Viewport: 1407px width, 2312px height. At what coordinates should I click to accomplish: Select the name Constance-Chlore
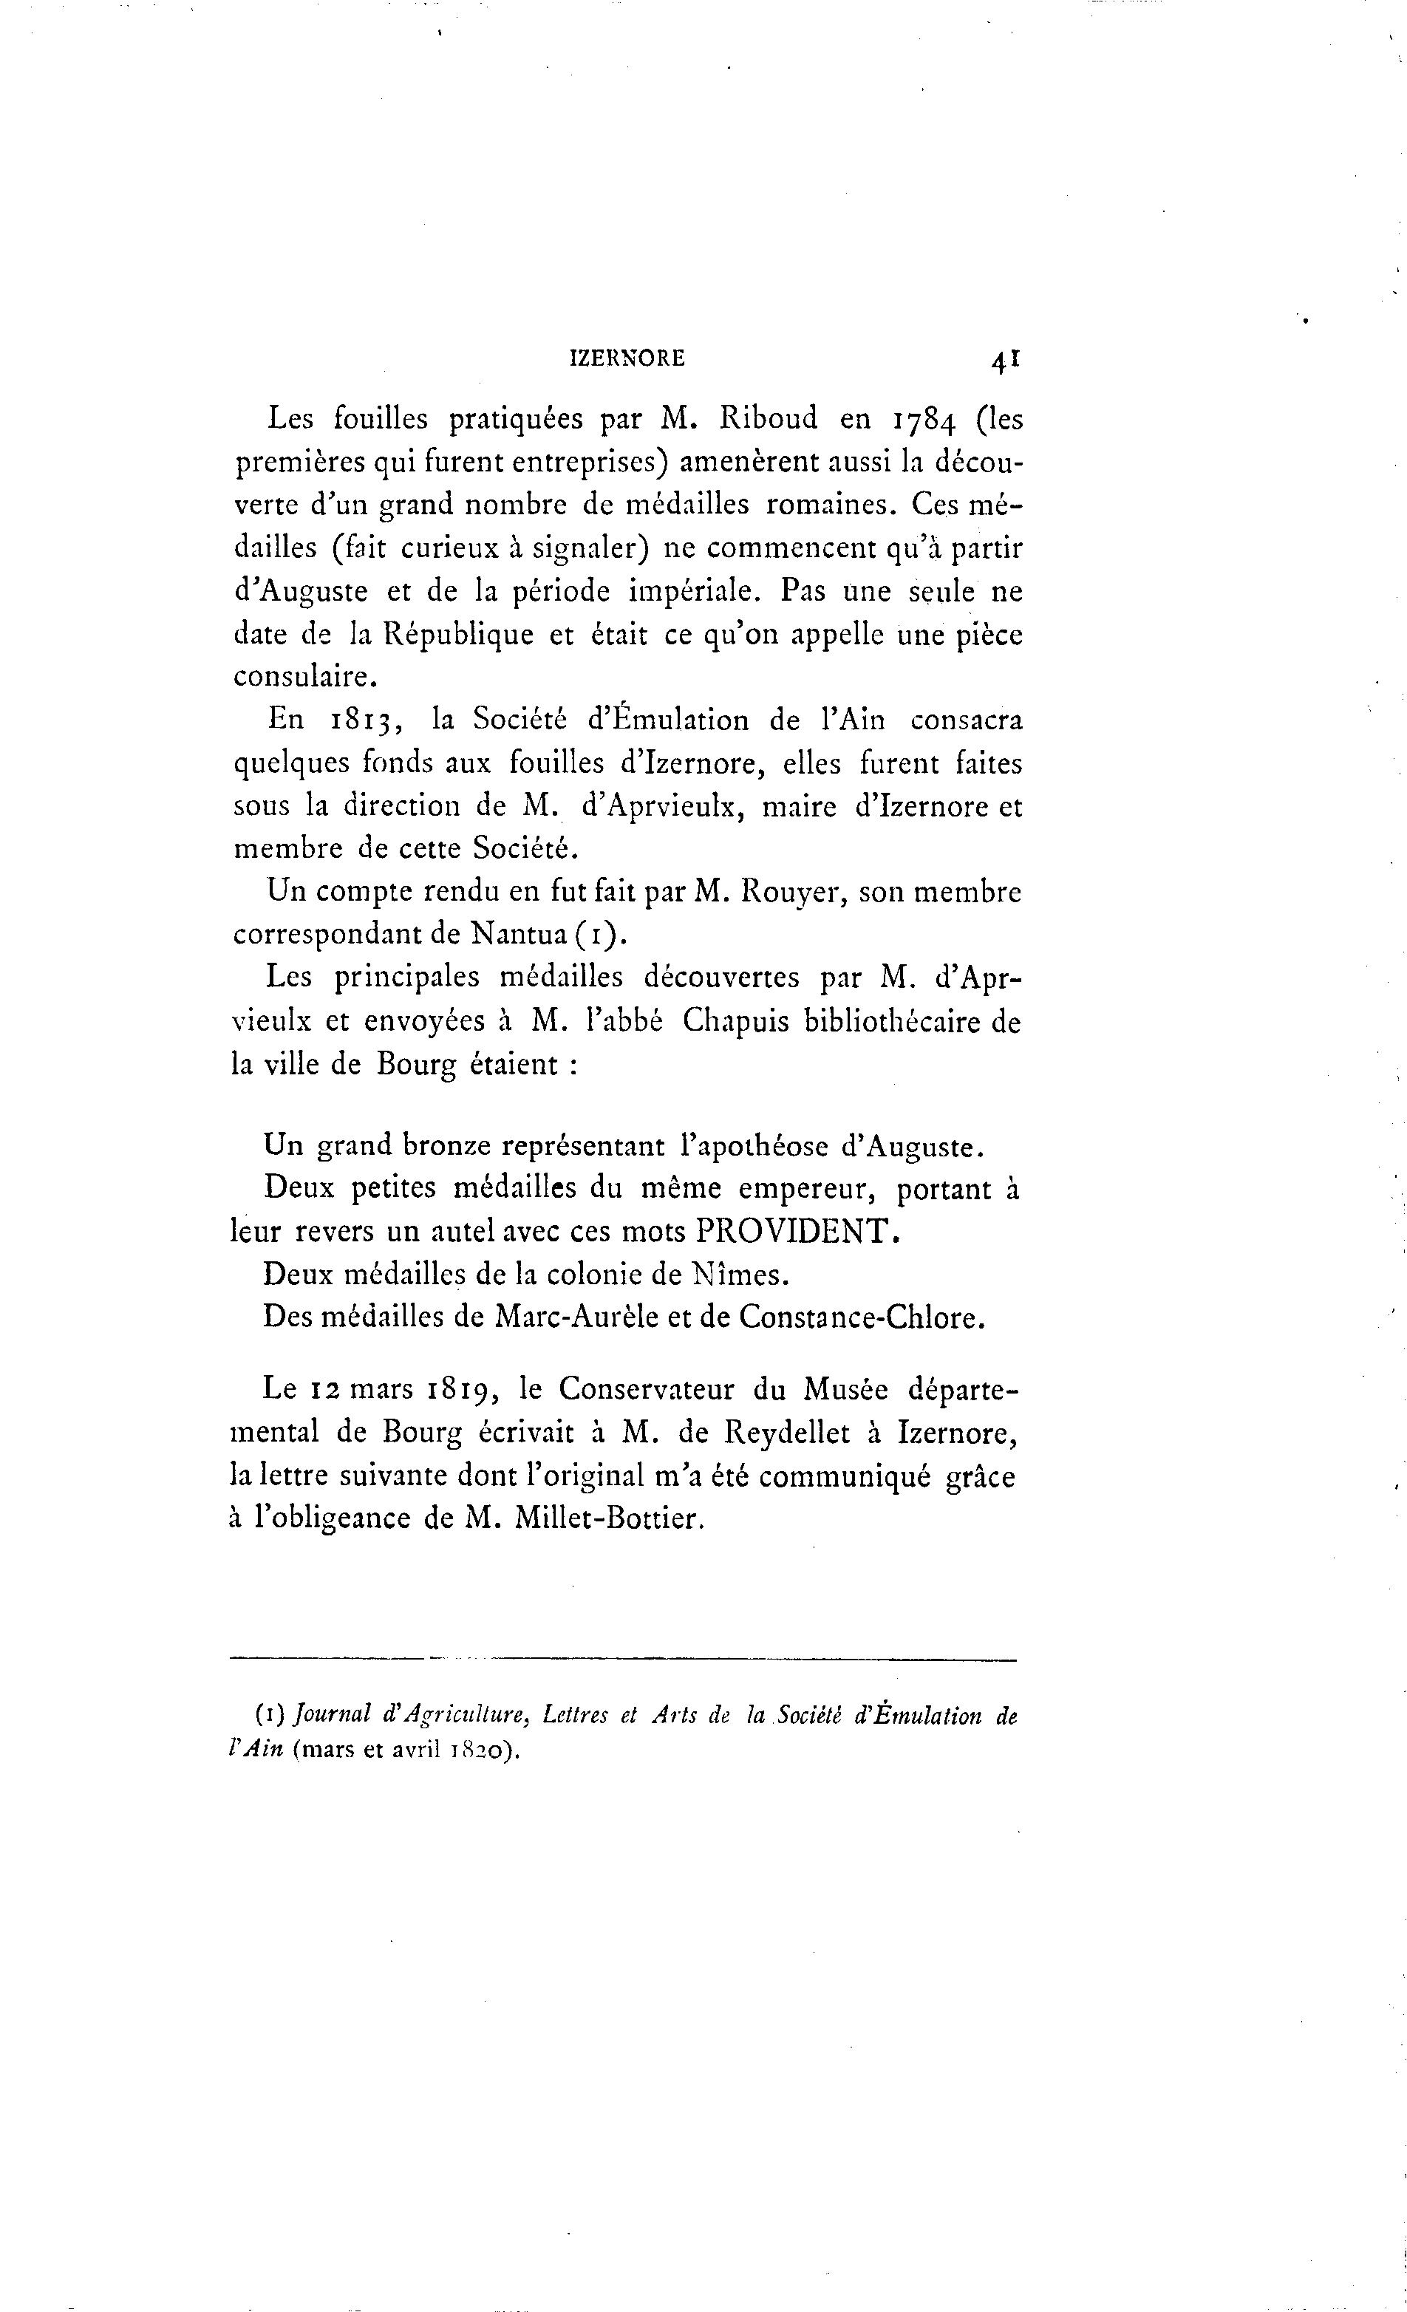(x=861, y=1317)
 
